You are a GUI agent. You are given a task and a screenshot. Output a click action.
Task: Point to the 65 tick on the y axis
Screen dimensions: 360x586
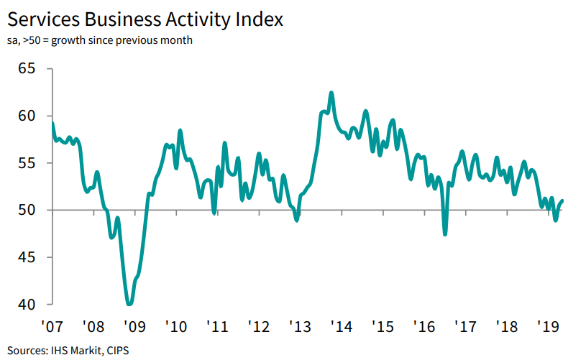27,69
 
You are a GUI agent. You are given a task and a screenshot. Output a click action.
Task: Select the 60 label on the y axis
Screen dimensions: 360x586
27,116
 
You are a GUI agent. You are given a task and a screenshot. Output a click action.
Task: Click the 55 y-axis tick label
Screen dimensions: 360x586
27,163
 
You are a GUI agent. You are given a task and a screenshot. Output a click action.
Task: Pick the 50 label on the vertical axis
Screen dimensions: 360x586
27,210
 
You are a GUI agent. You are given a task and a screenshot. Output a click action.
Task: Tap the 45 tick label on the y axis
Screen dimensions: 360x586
27,257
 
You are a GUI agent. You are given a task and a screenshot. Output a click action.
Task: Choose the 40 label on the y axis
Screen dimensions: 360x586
27,305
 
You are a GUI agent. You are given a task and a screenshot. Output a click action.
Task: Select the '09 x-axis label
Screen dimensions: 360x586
134,327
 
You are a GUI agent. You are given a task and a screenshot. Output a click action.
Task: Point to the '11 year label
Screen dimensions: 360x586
217,327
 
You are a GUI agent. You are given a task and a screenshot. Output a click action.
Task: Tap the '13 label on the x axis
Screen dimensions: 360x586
300,327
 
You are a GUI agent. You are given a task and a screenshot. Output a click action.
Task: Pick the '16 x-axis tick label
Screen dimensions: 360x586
424,327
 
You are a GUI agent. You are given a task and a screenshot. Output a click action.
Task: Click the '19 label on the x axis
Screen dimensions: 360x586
549,327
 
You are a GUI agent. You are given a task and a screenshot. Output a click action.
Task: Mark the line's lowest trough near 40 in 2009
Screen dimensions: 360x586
129,304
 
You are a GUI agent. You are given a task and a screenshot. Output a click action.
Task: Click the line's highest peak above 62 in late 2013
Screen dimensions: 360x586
331,93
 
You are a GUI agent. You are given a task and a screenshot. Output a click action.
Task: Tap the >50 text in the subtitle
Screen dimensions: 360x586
32,40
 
